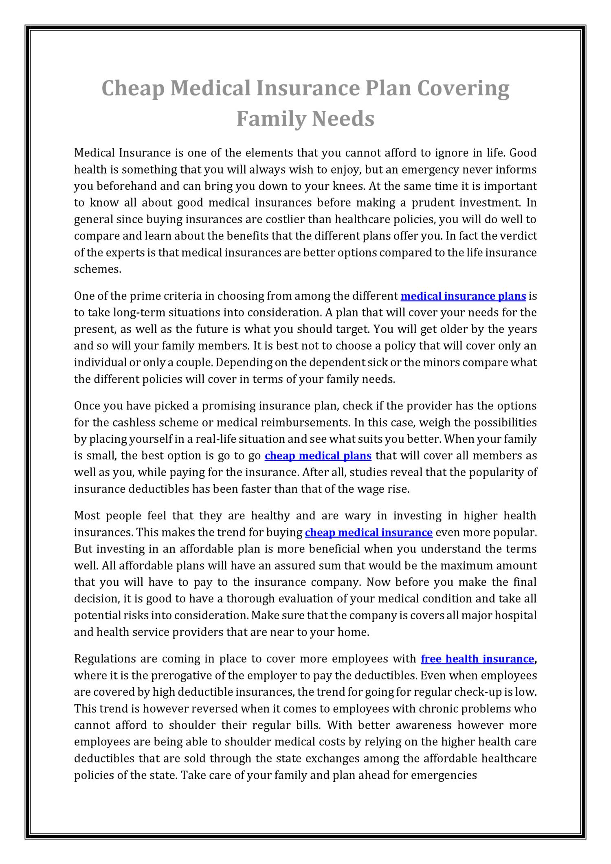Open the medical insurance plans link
(463, 296)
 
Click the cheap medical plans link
(318, 455)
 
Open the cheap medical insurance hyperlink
(368, 533)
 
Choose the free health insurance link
(477, 659)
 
